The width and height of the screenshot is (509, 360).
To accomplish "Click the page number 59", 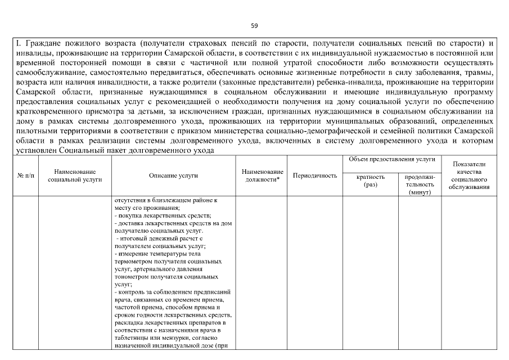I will tap(254, 25).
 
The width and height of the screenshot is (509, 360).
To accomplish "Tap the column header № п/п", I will tap(25, 176).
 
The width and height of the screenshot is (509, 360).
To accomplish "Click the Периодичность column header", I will tap(315, 176).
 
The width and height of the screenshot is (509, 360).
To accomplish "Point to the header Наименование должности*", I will tap(262, 175).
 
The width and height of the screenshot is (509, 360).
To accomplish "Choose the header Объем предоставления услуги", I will tap(392, 160).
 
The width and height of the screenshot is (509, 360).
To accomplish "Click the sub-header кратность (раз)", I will tap(371, 180).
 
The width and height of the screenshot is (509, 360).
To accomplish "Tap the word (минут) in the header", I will tap(420, 192).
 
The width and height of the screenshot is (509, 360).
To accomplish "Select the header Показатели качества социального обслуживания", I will tap(469, 175).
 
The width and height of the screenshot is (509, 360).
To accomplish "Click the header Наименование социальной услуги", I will tap(75, 175).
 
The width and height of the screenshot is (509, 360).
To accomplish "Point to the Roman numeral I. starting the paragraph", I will tap(18, 43).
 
